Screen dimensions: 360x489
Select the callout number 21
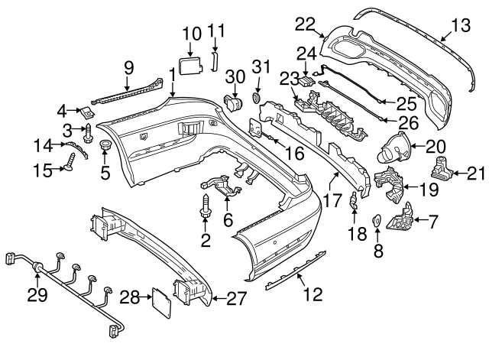(x=475, y=174)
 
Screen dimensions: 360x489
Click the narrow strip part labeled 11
(x=215, y=61)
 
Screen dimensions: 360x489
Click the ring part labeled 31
(x=255, y=99)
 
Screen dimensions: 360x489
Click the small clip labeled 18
(x=353, y=203)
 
